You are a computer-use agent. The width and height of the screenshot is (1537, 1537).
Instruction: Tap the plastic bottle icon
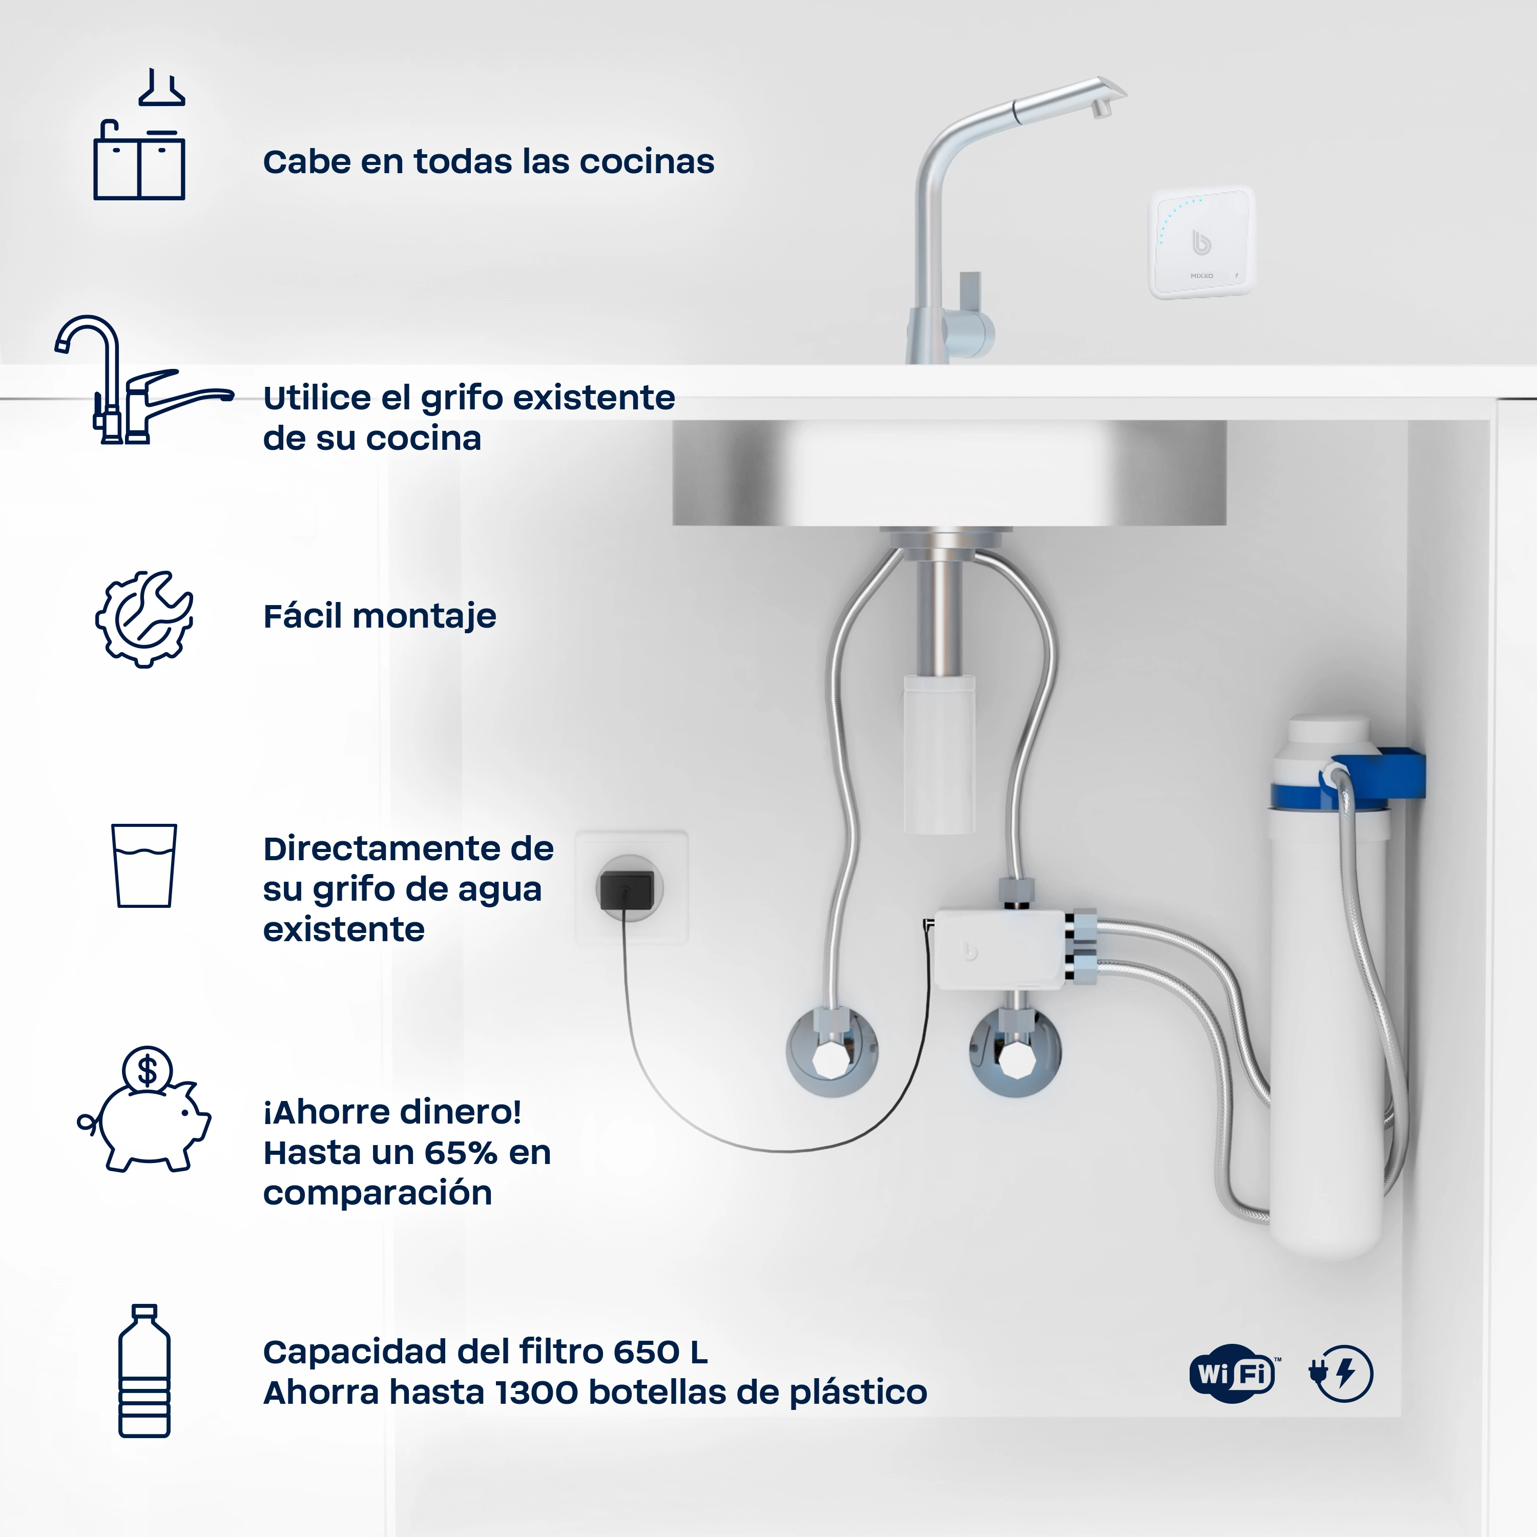144,1370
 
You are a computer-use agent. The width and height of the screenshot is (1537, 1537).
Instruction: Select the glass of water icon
144,865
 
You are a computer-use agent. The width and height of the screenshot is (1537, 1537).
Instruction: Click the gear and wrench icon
144,619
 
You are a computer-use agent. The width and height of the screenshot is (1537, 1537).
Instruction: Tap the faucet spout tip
1102,108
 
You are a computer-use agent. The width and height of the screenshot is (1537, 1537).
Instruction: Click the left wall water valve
832,1052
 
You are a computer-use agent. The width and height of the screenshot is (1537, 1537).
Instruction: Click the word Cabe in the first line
306,161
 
